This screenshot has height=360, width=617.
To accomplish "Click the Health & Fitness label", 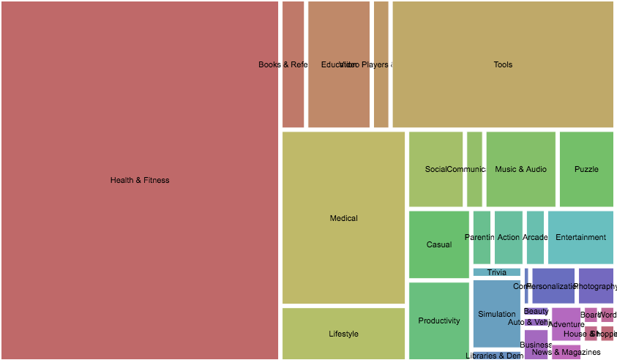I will tap(139, 180).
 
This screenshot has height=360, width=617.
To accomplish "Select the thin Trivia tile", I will tap(496, 272).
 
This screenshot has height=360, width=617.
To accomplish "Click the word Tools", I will tap(503, 64).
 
